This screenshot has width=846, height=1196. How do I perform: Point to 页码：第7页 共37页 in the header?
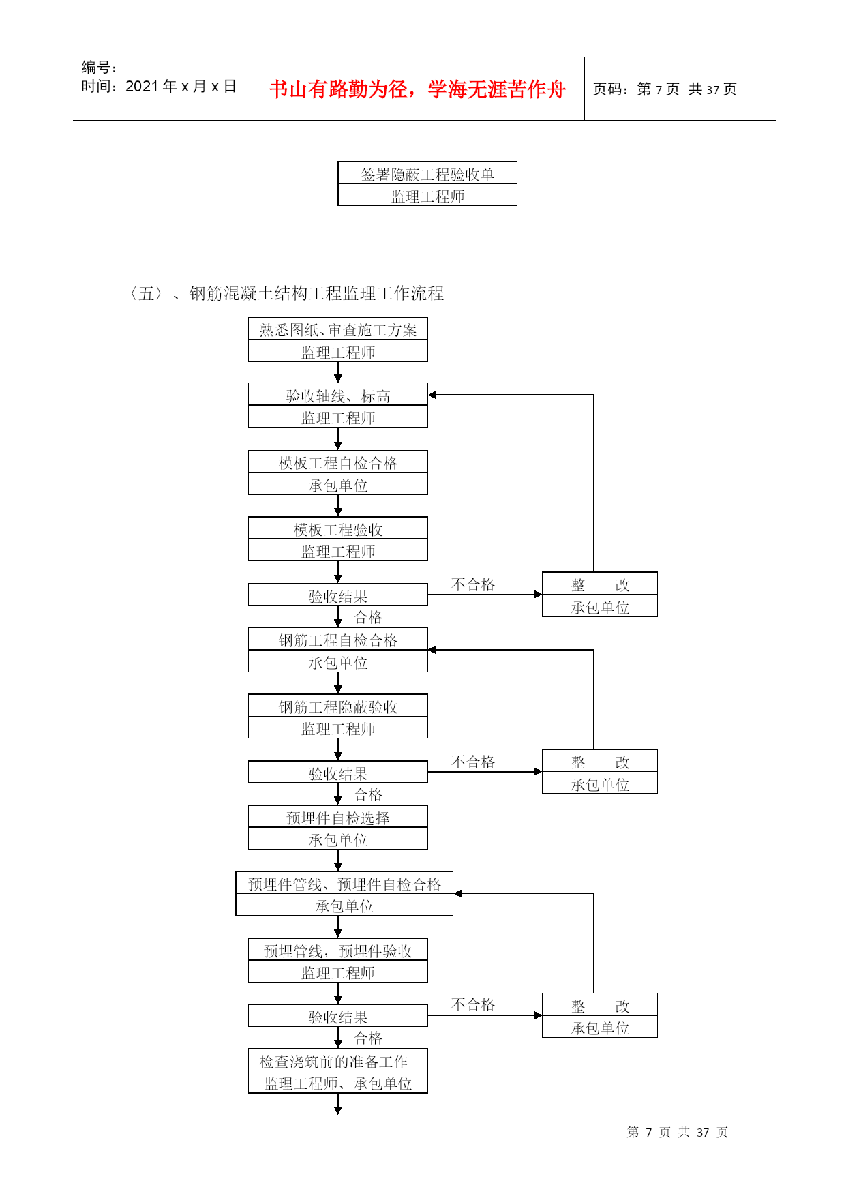tap(665, 89)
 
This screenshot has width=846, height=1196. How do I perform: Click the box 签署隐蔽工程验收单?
tap(427, 173)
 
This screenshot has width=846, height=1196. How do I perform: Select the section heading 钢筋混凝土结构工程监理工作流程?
tap(316, 293)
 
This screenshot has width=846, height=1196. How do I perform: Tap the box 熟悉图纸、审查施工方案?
tap(338, 329)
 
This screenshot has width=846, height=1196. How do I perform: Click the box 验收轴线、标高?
tap(338, 395)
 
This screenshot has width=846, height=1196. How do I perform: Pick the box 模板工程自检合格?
tap(338, 462)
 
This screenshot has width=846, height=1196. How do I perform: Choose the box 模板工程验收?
tap(338, 528)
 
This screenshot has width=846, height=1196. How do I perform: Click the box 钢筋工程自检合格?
tap(338, 640)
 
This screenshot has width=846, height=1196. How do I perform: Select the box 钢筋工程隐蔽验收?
tap(338, 706)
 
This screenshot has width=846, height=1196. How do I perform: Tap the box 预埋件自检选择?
tap(338, 817)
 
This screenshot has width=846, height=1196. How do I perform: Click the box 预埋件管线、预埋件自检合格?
tap(344, 883)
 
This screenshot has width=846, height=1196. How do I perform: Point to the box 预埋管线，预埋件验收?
tap(338, 950)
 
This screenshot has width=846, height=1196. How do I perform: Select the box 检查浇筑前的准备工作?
tap(338, 1060)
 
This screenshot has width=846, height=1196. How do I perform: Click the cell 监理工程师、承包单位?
tap(338, 1083)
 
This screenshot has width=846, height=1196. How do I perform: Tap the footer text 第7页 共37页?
tap(678, 1132)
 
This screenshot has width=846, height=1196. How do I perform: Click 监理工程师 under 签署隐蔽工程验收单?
tap(427, 196)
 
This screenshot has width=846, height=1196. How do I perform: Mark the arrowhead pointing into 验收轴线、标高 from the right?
tap(432, 395)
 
